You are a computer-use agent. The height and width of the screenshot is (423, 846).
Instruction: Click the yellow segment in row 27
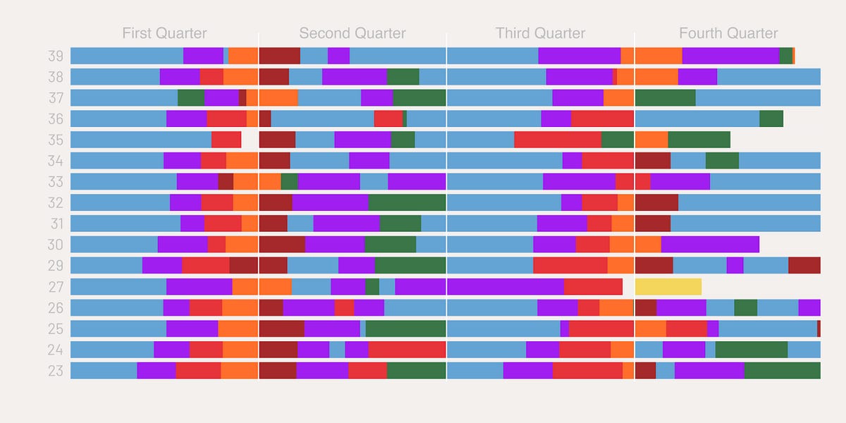pos(668,287)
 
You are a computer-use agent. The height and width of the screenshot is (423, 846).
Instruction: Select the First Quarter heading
pos(164,33)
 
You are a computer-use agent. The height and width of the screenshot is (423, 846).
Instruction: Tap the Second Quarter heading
pos(352,33)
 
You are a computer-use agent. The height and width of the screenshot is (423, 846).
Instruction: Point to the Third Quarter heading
pos(540,33)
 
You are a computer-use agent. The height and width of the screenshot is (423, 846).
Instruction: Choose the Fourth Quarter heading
pos(728,33)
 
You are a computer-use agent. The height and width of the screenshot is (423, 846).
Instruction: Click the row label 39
pos(56,56)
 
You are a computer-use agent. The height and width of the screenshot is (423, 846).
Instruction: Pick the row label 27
pos(56,287)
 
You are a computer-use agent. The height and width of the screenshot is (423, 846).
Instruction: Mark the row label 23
pos(56,371)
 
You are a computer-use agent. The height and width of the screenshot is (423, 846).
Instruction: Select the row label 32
pos(56,203)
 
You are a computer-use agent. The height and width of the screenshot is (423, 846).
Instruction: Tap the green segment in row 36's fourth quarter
pos(771,119)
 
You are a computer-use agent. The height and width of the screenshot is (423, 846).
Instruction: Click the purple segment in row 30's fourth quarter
pos(710,245)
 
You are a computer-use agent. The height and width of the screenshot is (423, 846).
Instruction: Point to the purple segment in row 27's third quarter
pos(505,287)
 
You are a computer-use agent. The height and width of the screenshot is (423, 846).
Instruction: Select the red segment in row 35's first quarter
pos(226,140)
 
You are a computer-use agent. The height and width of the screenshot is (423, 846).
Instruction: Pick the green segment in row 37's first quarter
pos(190,98)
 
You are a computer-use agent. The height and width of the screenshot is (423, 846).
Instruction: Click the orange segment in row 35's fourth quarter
pos(651,140)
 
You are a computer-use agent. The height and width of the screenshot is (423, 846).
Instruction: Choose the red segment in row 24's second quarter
pos(407,350)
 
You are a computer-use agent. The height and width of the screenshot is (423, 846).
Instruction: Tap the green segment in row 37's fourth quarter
pos(665,98)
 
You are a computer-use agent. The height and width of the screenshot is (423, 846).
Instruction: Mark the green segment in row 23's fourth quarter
pos(782,371)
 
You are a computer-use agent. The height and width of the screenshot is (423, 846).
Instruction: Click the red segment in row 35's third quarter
pos(557,140)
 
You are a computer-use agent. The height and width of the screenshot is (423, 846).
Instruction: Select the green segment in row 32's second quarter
pos(407,203)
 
